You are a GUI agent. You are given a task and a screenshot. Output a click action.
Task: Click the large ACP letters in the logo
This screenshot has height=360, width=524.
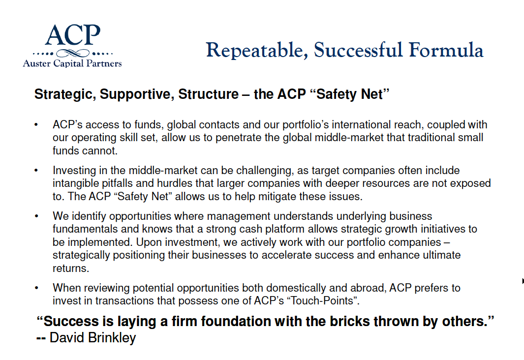coord(72,35)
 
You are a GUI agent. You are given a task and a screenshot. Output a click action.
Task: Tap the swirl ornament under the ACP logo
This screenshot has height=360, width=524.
coord(73,53)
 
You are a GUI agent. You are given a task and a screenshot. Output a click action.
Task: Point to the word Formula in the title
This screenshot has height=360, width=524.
coord(446,50)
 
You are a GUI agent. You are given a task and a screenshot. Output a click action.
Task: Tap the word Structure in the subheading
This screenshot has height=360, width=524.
coord(208,94)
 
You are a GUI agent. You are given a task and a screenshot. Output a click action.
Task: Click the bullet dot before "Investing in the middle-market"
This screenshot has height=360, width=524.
coord(36,171)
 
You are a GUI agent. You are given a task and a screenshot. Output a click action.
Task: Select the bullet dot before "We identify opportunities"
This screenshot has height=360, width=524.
coord(36,216)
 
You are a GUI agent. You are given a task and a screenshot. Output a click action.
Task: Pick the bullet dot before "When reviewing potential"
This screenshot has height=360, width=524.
coord(36,288)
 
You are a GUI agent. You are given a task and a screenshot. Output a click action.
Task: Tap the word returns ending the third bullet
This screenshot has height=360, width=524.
coord(71,269)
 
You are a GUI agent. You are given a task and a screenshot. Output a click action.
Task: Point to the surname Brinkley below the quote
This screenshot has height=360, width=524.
coord(112,338)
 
